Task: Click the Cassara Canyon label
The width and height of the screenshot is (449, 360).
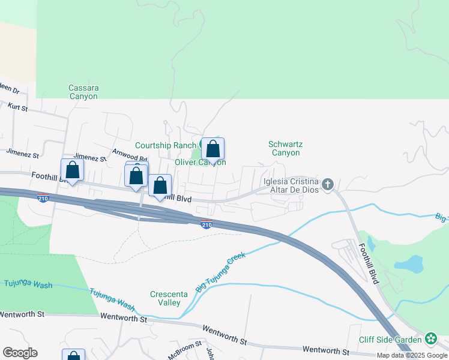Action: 83,92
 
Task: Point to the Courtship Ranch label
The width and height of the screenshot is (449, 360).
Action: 165,145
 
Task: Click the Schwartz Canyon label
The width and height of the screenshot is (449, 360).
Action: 284,148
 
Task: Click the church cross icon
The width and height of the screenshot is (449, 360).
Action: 327,184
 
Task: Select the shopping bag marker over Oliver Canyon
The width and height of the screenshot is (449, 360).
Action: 212,149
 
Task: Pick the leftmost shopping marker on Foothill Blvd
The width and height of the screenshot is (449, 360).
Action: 72,170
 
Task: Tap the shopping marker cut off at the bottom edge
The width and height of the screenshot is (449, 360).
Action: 73,355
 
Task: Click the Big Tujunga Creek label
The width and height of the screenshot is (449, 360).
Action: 221,272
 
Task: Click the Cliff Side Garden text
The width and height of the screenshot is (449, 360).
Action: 390,340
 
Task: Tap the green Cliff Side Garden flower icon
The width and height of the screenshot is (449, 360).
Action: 431,339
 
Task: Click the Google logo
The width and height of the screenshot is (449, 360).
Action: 20,353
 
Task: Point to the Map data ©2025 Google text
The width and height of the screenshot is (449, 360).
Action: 411,355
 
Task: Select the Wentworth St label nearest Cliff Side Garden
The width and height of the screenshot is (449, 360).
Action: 326,350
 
